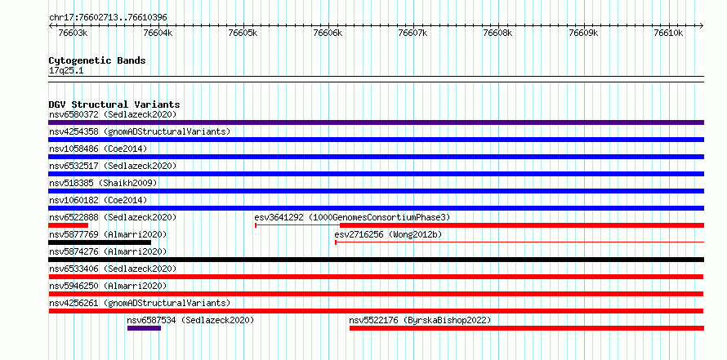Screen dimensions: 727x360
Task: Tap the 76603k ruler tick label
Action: pos(74,33)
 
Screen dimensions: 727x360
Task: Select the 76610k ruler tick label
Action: pos(668,33)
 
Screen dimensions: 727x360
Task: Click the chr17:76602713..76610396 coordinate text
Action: pos(108,18)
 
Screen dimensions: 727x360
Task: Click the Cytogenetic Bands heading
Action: pos(97,60)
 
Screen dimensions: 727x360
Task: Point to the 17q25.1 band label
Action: pos(66,71)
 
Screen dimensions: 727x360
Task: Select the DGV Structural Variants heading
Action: pos(114,104)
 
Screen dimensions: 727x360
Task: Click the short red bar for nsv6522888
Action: pos(68,225)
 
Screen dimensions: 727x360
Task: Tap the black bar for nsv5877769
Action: pos(100,242)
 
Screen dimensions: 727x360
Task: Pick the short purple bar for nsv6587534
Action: pos(145,328)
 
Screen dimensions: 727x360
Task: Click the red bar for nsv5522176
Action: pos(527,328)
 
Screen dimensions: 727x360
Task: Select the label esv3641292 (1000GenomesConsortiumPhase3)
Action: pos(352,217)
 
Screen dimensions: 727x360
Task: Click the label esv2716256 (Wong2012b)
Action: pos(388,234)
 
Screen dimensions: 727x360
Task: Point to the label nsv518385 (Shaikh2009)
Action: pos(103,183)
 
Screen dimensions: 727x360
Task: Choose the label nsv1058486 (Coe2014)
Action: pos(98,149)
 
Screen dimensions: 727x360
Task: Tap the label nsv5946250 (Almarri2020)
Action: pos(108,286)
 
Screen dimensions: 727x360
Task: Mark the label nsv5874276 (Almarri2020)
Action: pos(108,251)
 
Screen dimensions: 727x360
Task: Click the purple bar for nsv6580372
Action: pos(376,122)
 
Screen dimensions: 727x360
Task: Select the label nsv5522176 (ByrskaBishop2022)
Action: pos(420,320)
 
